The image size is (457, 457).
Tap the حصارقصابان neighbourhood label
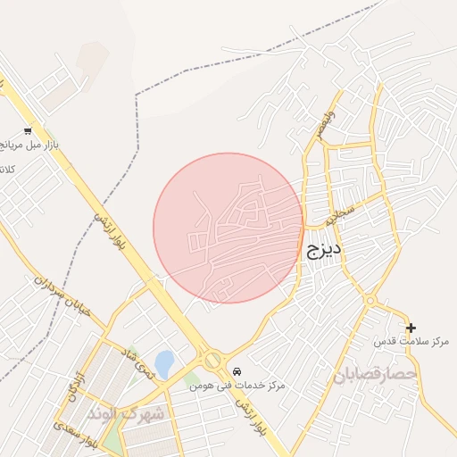pyautogui.click(x=375, y=374)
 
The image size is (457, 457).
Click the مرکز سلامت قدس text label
pyautogui.click(x=411, y=342)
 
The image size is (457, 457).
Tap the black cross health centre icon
pyautogui.click(x=411, y=328)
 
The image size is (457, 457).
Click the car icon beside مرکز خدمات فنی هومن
pyautogui.click(x=236, y=370)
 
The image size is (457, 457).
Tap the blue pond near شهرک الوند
pyautogui.click(x=164, y=363)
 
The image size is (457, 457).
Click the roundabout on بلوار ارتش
pyautogui.click(x=212, y=361)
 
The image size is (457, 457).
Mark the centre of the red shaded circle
pyautogui.click(x=228, y=228)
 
